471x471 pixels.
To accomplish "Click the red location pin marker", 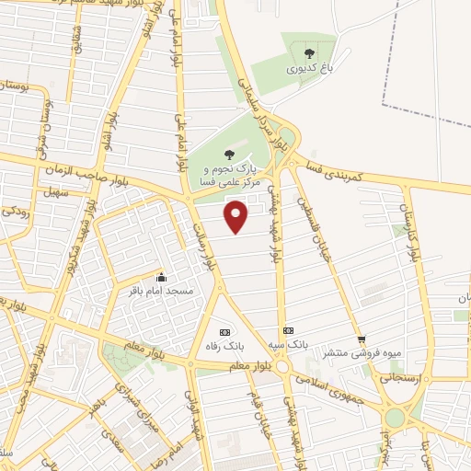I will [237, 217].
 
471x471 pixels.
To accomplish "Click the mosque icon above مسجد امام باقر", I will [162, 276].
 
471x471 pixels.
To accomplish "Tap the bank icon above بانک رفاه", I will [224, 331].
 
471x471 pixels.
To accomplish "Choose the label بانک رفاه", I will [224, 347].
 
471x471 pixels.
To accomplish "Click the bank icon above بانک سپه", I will [288, 330].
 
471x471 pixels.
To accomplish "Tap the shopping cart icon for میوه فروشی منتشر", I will [362, 339].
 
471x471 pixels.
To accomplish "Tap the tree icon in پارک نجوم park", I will [229, 154].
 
